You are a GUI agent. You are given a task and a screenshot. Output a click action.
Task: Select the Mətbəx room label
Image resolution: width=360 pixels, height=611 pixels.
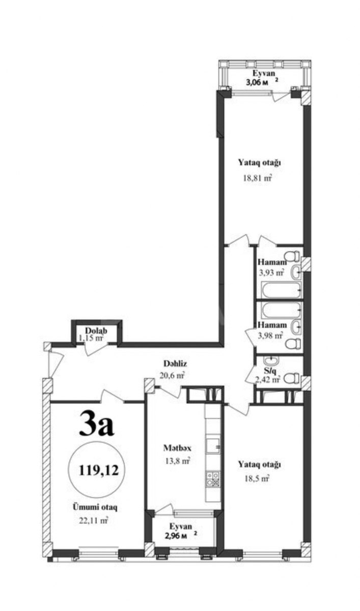tap(177, 448)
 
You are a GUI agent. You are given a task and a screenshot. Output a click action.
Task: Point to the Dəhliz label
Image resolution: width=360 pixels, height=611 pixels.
tap(175, 364)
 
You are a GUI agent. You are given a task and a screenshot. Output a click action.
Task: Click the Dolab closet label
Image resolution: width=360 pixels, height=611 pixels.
tap(96, 330)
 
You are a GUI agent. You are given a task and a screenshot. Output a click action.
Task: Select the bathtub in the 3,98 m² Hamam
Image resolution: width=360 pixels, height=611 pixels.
tap(282, 310)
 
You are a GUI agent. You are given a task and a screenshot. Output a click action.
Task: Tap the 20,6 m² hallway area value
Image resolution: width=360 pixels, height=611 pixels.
tap(173, 376)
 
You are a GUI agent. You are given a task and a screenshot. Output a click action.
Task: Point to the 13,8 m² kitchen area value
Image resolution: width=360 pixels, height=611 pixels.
tap(178, 461)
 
